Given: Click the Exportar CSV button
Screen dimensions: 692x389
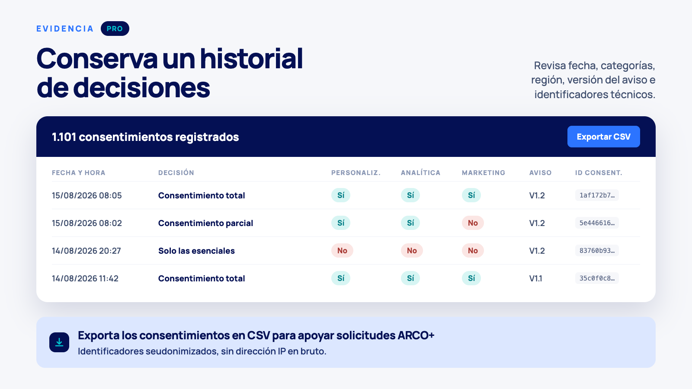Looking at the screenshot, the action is [603, 137].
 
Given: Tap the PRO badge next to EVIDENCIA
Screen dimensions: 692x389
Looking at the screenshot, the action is [115, 29].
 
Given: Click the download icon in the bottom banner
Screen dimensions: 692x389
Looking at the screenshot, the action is [59, 342].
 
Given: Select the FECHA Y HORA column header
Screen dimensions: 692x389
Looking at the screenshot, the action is [78, 172].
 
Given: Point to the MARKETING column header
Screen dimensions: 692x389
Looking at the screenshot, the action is [484, 172].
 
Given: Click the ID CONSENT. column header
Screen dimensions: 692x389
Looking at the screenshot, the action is [599, 172].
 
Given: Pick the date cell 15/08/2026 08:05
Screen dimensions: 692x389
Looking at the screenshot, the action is [87, 195].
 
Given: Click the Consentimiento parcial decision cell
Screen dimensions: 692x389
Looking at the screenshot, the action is [205, 223].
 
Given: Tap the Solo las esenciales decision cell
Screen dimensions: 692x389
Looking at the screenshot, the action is [196, 251].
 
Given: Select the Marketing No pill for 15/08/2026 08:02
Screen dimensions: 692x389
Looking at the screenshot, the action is [473, 223].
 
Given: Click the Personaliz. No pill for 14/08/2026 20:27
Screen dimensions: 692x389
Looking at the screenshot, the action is [342, 250].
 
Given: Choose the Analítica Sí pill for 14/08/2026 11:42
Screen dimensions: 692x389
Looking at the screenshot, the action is [410, 278].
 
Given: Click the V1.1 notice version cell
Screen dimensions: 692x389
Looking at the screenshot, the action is [536, 278].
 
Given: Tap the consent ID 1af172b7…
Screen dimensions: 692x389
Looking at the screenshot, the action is [597, 195].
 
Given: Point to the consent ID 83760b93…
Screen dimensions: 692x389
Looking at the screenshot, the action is [597, 250].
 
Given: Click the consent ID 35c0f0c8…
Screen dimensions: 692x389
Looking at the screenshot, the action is [597, 278].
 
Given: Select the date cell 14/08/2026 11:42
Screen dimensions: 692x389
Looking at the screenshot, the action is [85, 278].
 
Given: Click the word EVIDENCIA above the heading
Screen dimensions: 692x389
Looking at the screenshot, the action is [65, 29].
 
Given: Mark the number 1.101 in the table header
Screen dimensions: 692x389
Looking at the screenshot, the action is [64, 137].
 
